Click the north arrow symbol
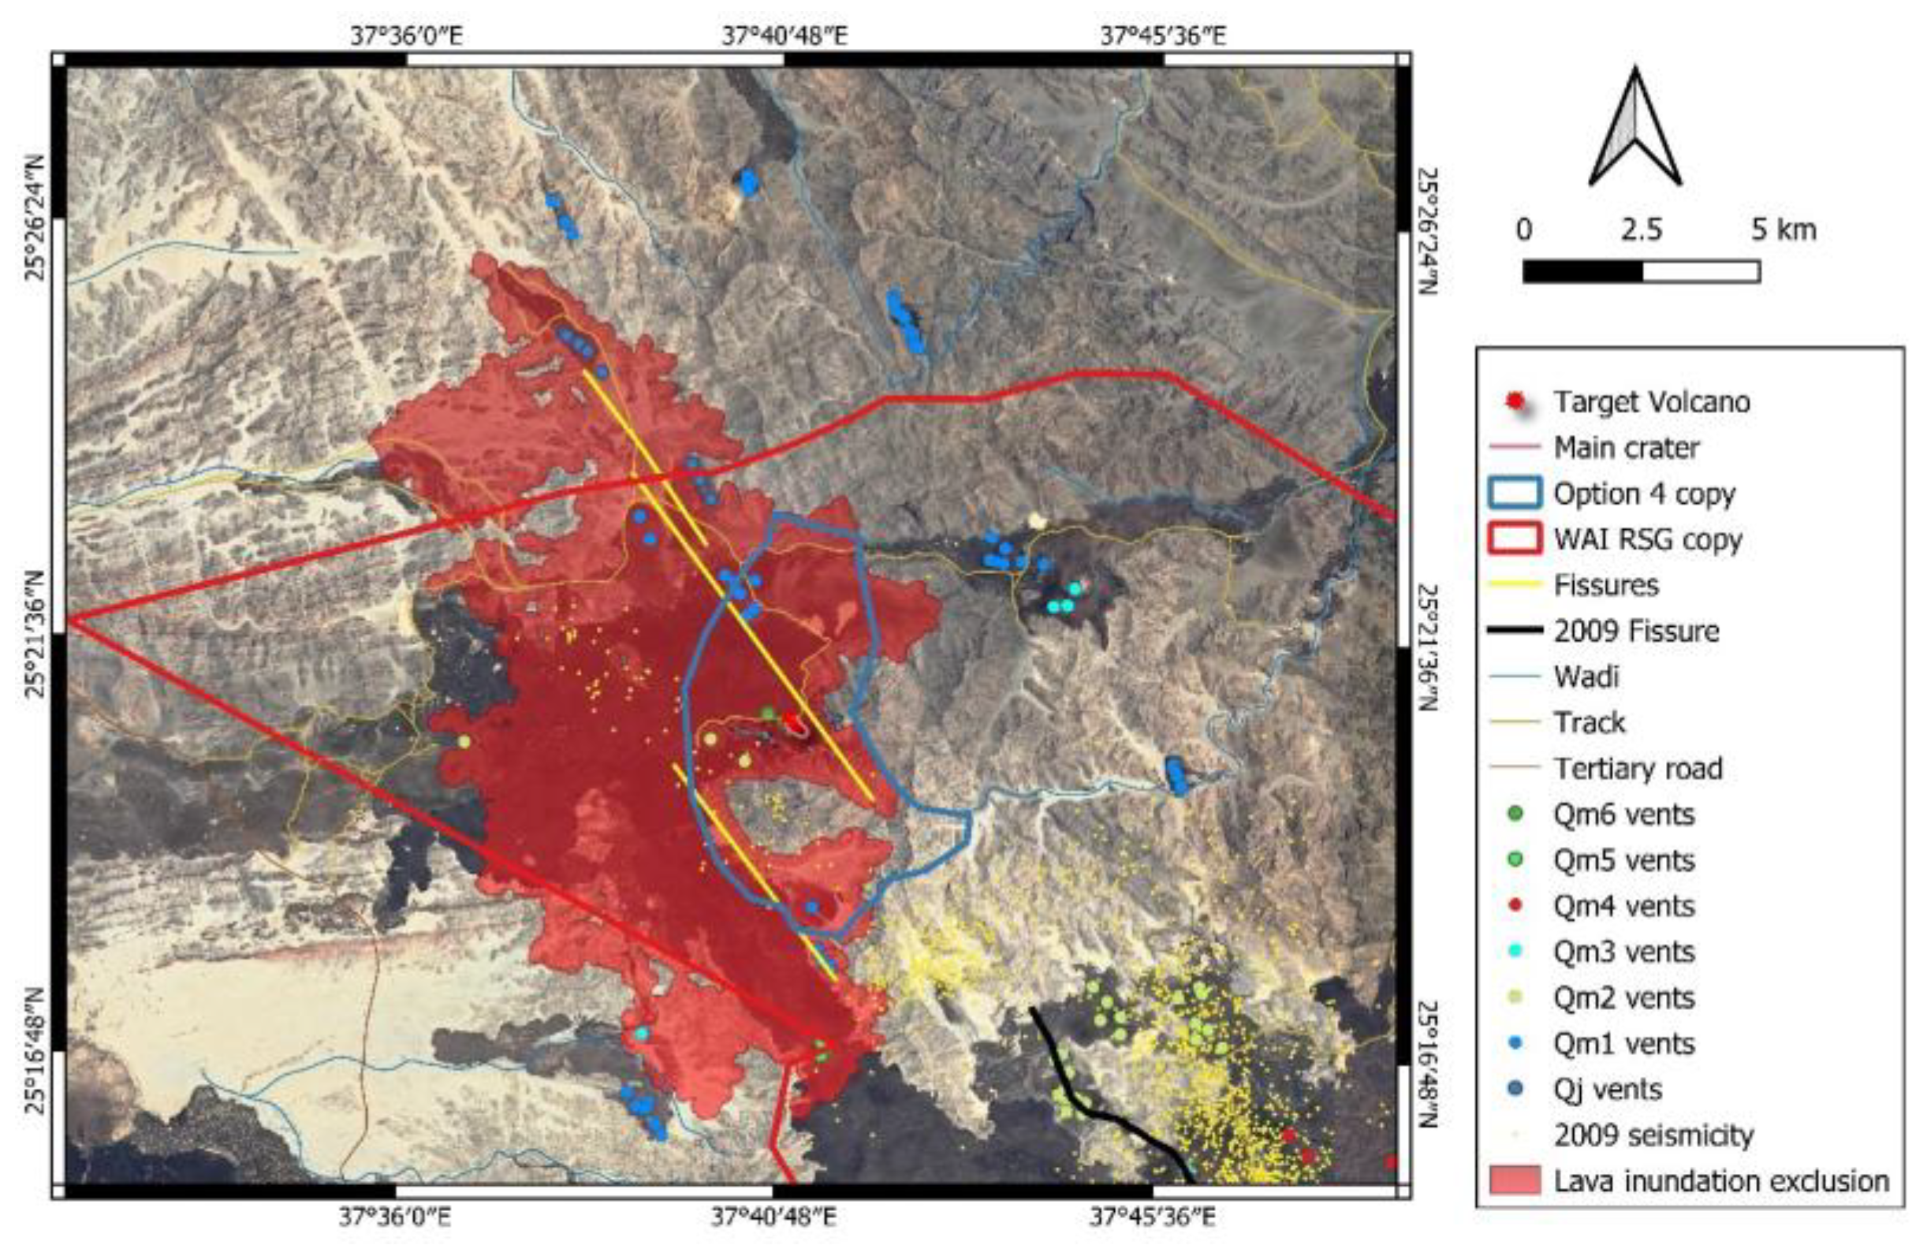click(x=1634, y=129)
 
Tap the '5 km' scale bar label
click(x=1783, y=229)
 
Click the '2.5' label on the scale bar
click(x=1642, y=229)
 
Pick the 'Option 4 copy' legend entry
click(x=1643, y=493)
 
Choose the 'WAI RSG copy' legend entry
click(x=1646, y=539)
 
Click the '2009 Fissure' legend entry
click(x=1635, y=631)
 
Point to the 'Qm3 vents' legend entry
click(x=1623, y=952)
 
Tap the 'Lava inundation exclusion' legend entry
click(x=1720, y=1180)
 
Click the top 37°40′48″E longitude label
click(x=784, y=36)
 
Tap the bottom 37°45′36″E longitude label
click(x=1152, y=1216)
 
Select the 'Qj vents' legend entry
click(x=1607, y=1089)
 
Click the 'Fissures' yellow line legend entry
click(x=1605, y=584)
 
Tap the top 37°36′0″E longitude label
click(x=407, y=36)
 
